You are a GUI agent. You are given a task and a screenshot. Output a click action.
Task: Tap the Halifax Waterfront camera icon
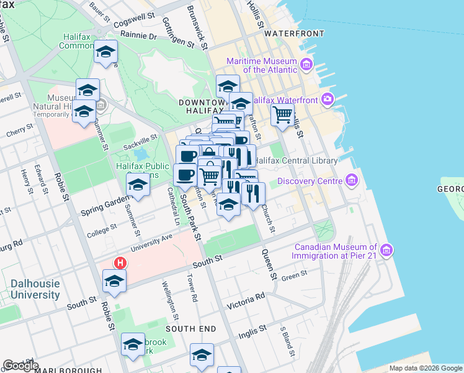[x=327, y=99]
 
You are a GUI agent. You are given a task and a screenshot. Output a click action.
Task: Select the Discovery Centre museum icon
[x=352, y=181]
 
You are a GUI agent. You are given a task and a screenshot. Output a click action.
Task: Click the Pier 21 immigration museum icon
[x=386, y=250]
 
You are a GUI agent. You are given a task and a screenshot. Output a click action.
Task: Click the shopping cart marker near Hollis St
[x=282, y=114]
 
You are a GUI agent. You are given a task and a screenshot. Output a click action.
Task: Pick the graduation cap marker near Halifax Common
[x=106, y=52]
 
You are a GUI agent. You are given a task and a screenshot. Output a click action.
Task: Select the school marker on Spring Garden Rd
[x=138, y=185]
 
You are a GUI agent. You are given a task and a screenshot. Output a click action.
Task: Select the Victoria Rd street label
[x=246, y=303]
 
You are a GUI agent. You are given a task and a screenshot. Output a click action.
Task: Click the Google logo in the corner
[x=20, y=365]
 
